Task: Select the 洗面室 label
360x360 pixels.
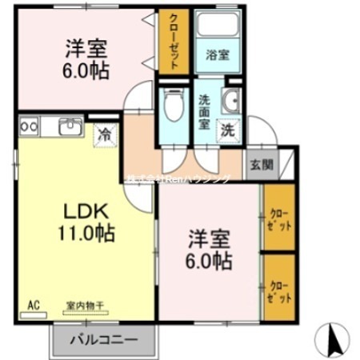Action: [205, 113]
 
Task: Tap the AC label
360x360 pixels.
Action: [34, 304]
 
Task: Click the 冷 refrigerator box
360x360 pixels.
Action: [104, 134]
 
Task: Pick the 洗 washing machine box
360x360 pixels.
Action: [227, 130]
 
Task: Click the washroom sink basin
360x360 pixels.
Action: [232, 101]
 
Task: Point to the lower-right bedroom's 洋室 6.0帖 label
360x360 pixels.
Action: [210, 249]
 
